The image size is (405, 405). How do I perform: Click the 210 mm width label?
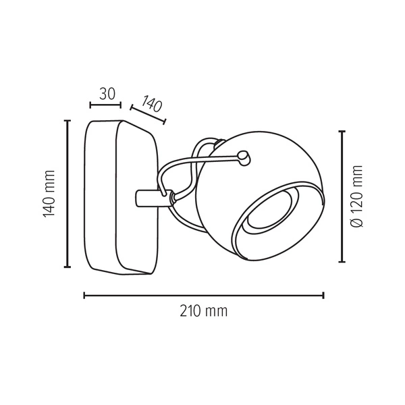coord(204,311)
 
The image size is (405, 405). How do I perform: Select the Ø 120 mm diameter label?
coord(358,196)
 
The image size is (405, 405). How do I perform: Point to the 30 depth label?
coord(106,94)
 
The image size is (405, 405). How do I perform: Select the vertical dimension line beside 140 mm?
coord(67,194)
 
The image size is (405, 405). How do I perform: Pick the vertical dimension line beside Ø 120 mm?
coord(342,196)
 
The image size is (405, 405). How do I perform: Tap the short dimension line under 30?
coord(105,105)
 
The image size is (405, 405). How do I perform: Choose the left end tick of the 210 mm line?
coord(84,295)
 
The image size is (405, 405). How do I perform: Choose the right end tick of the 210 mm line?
coord(323,295)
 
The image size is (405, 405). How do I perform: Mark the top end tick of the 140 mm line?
coord(67,121)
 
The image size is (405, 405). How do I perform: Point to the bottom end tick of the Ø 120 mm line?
coord(342,261)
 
